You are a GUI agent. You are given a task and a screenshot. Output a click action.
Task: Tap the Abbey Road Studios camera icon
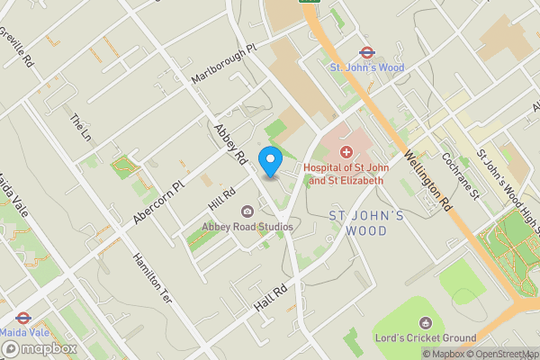247,211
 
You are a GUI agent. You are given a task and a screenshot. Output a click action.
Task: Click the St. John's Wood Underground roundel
366,53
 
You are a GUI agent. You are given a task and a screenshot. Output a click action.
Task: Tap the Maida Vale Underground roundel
23,319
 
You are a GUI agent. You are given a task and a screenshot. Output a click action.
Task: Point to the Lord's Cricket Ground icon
427,322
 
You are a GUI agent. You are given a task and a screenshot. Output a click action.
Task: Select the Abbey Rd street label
229,143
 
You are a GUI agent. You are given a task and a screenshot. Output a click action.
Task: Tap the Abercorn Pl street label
157,199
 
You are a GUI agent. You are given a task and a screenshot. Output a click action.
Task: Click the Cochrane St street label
455,171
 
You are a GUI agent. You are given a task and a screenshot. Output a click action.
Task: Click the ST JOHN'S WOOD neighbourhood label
358,223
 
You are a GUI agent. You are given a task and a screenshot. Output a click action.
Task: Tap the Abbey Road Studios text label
247,227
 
